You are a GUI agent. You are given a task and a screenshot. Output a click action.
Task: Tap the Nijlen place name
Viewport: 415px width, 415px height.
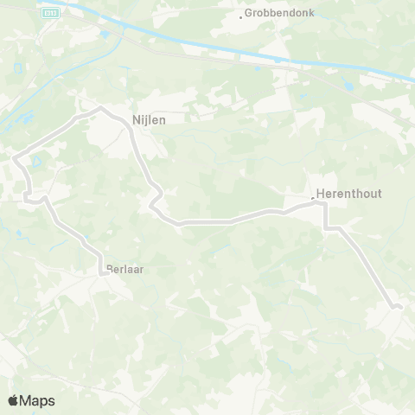pyautogui.click(x=149, y=121)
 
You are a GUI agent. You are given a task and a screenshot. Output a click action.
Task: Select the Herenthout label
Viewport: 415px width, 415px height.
pyautogui.click(x=349, y=195)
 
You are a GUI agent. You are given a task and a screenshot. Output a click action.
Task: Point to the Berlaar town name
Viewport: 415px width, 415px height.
pyautogui.click(x=124, y=269)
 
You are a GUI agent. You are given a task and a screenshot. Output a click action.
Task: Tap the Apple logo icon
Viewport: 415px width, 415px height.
pyautogui.click(x=13, y=400)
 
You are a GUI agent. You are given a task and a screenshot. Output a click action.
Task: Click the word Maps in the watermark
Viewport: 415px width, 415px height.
pyautogui.click(x=38, y=401)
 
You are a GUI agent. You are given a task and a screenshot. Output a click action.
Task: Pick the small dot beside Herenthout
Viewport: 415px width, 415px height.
pyautogui.click(x=313, y=199)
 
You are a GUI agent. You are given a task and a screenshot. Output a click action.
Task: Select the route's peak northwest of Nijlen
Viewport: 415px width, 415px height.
pyautogui.click(x=100, y=108)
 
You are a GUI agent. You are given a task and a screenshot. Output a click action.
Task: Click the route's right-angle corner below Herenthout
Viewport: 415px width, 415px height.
pyautogui.click(x=325, y=228)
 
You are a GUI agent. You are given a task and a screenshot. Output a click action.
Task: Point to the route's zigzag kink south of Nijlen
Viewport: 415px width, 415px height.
pyautogui.click(x=153, y=205)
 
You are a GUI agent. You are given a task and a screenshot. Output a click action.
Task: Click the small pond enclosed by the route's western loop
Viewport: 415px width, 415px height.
pyautogui.click(x=35, y=161)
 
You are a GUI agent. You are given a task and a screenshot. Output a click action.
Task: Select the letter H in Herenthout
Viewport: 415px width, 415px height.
pyautogui.click(x=321, y=195)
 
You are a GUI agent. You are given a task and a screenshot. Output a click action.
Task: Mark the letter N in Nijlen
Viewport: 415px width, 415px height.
pyautogui.click(x=136, y=121)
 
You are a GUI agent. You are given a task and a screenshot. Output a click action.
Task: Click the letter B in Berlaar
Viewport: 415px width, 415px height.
pyautogui.click(x=109, y=269)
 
